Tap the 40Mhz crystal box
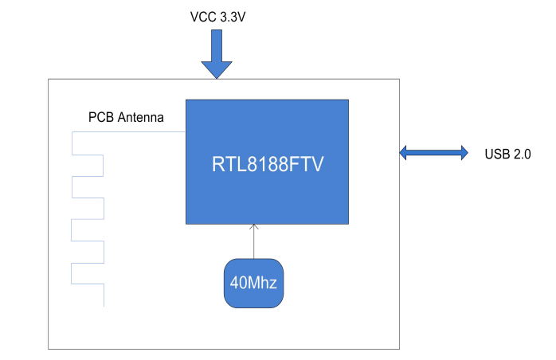[x=254, y=283]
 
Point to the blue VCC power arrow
[x=216, y=52]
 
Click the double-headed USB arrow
[x=433, y=152]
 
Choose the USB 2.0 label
[x=507, y=154]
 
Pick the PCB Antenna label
[x=126, y=118]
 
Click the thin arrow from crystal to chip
[x=254, y=242]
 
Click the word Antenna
[x=140, y=118]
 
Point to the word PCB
[x=100, y=118]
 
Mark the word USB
[x=497, y=154]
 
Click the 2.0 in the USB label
[x=521, y=154]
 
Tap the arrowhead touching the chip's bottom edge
[x=254, y=228]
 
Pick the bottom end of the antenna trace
[x=104, y=305]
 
